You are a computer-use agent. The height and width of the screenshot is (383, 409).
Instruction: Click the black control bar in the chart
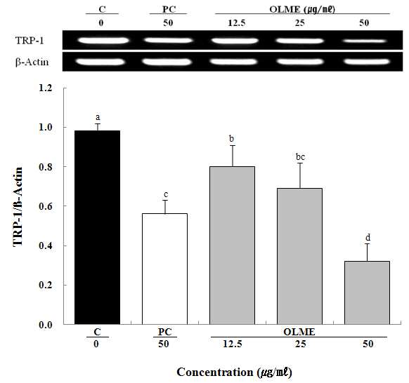pyautogui.click(x=97, y=227)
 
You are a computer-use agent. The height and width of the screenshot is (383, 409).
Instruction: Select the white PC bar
pyautogui.click(x=164, y=269)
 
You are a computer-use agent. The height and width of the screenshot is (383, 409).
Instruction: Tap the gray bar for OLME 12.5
pyautogui.click(x=232, y=246)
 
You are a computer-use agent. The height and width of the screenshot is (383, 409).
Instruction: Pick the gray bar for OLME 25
pyautogui.click(x=299, y=256)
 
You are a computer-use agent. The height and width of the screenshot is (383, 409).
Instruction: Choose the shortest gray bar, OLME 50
pyautogui.click(x=367, y=293)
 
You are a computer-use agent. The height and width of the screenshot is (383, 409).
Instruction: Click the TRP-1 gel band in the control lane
pyautogui.click(x=103, y=41)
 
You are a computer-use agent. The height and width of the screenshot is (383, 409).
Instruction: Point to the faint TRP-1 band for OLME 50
pyautogui.click(x=365, y=41)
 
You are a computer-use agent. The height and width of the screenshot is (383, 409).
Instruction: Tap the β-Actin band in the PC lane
pyautogui.click(x=167, y=62)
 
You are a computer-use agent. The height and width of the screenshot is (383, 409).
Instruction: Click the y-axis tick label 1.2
pyautogui.click(x=46, y=88)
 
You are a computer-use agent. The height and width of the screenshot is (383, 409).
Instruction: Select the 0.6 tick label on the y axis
pyautogui.click(x=46, y=206)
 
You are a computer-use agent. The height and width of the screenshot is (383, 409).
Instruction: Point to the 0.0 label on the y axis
pyautogui.click(x=46, y=325)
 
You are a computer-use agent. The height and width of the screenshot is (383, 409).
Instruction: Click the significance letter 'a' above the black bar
pyautogui.click(x=98, y=117)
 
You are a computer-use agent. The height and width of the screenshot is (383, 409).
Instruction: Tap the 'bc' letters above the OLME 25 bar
pyautogui.click(x=300, y=157)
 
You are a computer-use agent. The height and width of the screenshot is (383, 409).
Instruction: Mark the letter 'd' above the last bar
pyautogui.click(x=368, y=238)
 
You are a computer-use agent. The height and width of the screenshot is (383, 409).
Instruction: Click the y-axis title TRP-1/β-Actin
pyautogui.click(x=18, y=206)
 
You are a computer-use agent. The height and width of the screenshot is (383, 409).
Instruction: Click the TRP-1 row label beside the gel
pyautogui.click(x=30, y=41)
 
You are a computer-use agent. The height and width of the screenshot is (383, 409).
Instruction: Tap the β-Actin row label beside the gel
pyautogui.click(x=32, y=62)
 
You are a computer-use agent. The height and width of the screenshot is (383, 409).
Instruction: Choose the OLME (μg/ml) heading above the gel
pyautogui.click(x=302, y=9)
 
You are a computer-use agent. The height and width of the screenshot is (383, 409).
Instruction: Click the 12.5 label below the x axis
pyautogui.click(x=232, y=344)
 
